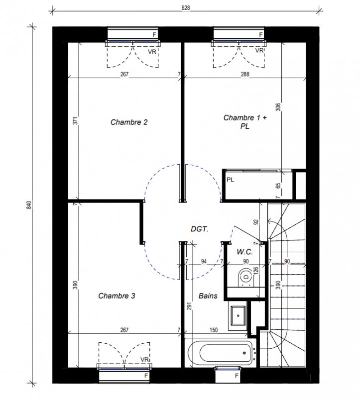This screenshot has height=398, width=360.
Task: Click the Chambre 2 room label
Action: [x=129, y=122]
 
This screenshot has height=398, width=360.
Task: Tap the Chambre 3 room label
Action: [x=117, y=296]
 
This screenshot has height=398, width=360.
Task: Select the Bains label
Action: [x=208, y=296]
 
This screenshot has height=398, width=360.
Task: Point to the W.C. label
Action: [x=244, y=252]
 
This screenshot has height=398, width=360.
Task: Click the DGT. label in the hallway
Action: [x=200, y=229]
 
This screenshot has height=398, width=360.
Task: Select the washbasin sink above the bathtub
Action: [x=238, y=316]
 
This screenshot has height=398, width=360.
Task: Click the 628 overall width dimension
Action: [x=186, y=8]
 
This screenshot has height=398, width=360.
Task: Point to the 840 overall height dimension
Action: [x=29, y=205]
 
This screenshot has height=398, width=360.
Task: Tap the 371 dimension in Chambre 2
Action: [x=75, y=120]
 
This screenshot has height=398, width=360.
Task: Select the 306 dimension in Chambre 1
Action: [x=278, y=107]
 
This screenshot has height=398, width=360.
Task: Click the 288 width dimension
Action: [x=245, y=74]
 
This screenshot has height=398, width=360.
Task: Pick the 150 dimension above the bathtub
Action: [x=214, y=330]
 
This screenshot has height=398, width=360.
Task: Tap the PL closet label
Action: [x=230, y=180]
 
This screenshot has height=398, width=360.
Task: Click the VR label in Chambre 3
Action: [x=144, y=360]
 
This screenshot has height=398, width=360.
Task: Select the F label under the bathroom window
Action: [x=237, y=376]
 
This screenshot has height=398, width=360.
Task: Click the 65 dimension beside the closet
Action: [x=278, y=186]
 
